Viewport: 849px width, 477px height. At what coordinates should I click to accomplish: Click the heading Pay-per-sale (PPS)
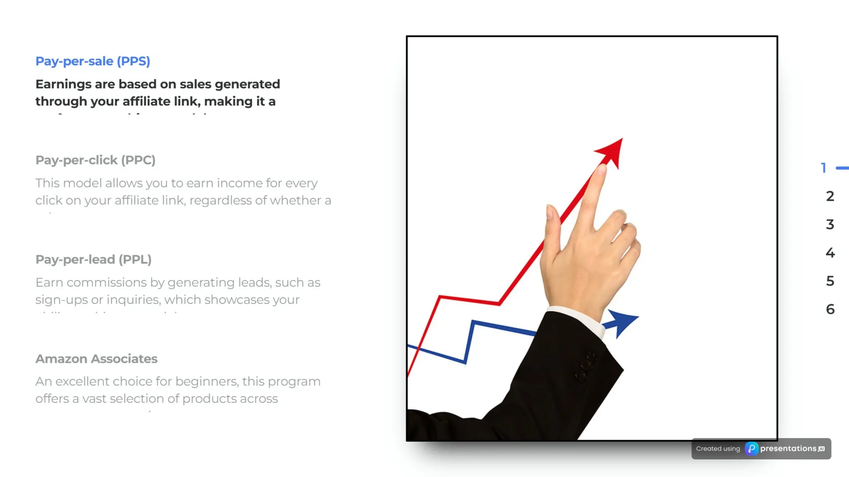tap(92, 61)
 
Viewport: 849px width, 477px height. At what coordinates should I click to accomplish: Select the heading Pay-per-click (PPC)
tap(95, 160)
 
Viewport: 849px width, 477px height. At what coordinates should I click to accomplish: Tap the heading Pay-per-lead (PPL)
tap(93, 260)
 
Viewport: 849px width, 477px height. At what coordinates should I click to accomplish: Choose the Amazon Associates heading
tap(96, 359)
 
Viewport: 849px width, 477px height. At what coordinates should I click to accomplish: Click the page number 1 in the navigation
tap(824, 168)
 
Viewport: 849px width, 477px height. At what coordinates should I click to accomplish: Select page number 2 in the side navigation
tap(830, 196)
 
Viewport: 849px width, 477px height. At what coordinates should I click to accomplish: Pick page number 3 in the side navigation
tap(830, 224)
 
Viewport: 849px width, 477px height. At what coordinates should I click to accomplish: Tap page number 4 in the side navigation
tap(830, 253)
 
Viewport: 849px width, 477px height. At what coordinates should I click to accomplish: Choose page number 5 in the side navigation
tap(830, 281)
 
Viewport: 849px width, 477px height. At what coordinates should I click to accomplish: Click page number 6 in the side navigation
tap(830, 309)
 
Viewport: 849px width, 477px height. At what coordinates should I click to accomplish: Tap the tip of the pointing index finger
tap(601, 169)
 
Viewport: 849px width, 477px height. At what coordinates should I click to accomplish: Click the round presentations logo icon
tap(751, 449)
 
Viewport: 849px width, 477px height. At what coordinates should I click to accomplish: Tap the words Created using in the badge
tap(718, 449)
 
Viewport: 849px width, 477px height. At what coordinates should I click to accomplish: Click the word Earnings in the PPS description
tap(63, 84)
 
